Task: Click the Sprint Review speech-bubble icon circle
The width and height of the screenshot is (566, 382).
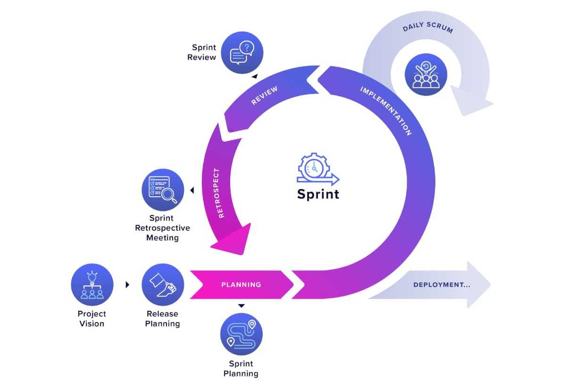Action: (x=242, y=52)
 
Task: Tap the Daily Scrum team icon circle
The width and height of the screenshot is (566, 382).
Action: (x=426, y=75)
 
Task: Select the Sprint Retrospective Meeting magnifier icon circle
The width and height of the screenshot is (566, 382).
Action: (x=163, y=190)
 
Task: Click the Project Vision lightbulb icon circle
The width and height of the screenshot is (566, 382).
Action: (x=92, y=285)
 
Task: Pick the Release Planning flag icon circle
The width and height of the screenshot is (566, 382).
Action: (x=163, y=285)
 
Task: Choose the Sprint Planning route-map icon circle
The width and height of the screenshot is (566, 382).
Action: (x=241, y=334)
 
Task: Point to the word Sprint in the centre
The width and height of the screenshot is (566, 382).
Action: (x=318, y=194)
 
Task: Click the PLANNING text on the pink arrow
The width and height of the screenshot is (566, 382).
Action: (x=241, y=285)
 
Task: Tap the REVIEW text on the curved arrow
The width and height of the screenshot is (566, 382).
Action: (x=264, y=95)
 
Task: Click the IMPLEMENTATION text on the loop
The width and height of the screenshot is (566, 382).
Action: (x=386, y=111)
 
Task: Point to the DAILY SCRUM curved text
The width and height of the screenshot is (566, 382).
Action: (x=428, y=27)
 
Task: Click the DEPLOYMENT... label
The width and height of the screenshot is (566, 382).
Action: (x=441, y=285)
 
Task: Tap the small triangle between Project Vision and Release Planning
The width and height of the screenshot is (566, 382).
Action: (x=127, y=285)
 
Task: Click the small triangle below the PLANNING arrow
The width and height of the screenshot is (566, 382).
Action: (x=241, y=306)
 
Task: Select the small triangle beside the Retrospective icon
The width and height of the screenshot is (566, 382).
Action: (x=192, y=190)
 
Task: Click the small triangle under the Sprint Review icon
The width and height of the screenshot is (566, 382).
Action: (x=255, y=76)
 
